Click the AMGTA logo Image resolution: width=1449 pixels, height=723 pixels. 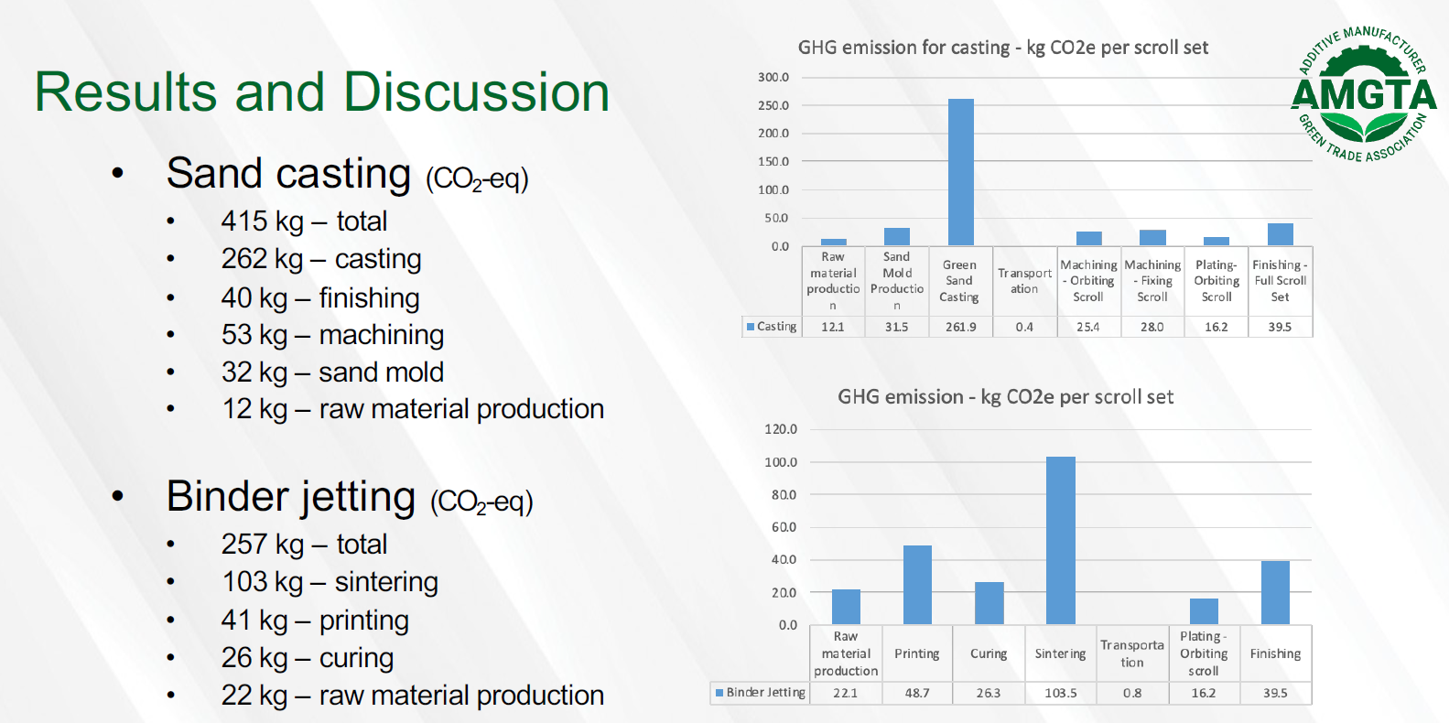[1364, 93]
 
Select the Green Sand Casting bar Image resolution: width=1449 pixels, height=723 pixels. [960, 172]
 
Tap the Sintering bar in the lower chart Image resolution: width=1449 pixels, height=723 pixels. [1060, 541]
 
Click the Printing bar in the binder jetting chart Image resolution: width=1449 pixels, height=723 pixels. [917, 585]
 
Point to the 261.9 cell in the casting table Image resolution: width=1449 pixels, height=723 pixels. [960, 327]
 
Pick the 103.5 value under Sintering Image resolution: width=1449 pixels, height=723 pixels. [1060, 693]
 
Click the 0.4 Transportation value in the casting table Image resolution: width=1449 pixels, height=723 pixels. [1024, 327]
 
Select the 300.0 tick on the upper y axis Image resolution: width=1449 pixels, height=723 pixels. [773, 77]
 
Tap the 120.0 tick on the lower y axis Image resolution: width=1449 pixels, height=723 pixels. [781, 428]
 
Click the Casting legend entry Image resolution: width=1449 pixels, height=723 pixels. [772, 327]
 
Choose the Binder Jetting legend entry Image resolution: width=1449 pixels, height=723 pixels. [760, 693]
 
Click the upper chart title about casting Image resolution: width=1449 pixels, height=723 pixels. [1002, 48]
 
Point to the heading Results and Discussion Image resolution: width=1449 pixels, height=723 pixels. [321, 92]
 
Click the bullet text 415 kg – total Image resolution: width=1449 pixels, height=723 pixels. [304, 221]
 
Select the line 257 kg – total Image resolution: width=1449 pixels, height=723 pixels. [304, 544]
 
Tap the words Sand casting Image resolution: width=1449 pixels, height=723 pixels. [288, 173]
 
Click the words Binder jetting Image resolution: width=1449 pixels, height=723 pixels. [290, 497]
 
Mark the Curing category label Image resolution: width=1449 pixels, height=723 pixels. [989, 653]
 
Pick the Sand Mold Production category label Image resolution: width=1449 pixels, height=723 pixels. [896, 281]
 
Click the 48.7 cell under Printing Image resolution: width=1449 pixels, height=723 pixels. [917, 693]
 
